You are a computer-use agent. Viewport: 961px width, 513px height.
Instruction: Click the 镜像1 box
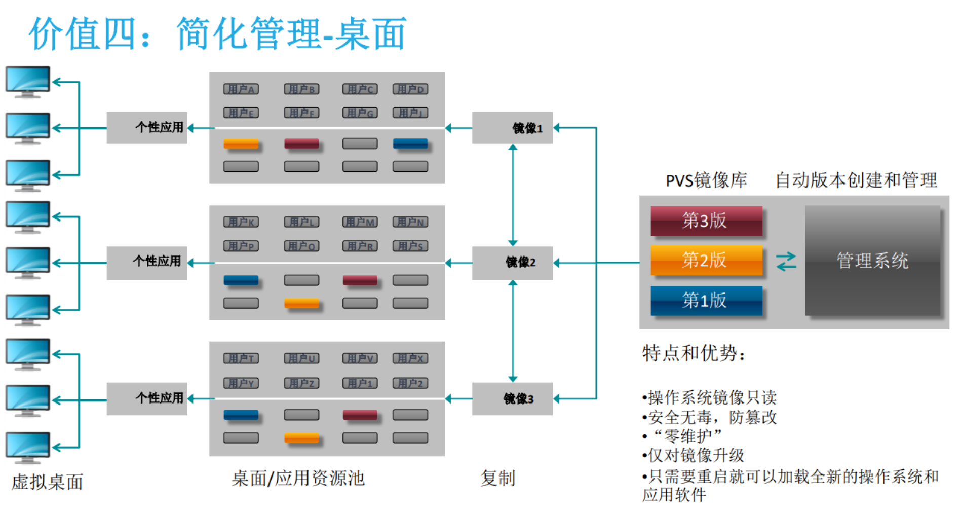point(512,128)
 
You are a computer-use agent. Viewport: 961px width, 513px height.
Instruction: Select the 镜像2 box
point(512,263)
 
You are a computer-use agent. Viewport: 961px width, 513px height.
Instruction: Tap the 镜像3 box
point(512,398)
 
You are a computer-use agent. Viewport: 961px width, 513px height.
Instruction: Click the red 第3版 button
point(706,221)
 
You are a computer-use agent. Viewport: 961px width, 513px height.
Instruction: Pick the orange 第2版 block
point(706,260)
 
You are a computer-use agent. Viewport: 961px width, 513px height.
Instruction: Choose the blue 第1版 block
point(706,300)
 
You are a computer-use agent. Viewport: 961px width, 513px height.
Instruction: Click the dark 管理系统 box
point(872,261)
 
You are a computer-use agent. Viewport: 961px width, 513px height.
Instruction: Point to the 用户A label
point(241,89)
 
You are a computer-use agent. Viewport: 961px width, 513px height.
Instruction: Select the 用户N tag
point(410,222)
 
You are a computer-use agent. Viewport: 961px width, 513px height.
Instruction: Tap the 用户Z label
point(301,383)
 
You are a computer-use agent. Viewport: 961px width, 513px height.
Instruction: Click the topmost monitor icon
point(28,82)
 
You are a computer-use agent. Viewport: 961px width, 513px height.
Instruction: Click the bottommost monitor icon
point(28,447)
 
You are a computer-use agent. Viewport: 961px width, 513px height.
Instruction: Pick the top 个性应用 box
point(147,127)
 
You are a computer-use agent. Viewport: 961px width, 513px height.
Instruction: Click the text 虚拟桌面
point(47,482)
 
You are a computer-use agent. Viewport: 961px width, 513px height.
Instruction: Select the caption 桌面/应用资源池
point(298,478)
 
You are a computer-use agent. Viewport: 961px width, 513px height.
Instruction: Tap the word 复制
point(497,478)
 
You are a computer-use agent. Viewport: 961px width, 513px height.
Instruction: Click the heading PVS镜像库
point(706,180)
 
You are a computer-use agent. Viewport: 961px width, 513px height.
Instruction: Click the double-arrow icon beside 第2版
point(786,262)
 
